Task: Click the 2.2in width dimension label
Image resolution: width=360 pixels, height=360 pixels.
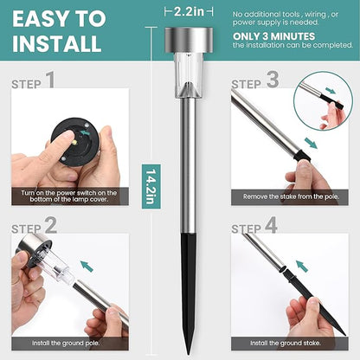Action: pyautogui.click(x=189, y=12)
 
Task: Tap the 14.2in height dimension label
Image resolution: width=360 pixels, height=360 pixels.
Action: pyautogui.click(x=151, y=186)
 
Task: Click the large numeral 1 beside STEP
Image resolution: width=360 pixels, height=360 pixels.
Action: pyautogui.click(x=50, y=80)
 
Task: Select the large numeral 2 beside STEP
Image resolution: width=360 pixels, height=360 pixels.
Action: pyautogui.click(x=51, y=225)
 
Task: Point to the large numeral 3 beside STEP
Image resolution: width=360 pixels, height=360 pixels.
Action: pyautogui.click(x=273, y=80)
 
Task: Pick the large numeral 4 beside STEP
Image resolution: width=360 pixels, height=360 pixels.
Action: pyautogui.click(x=271, y=225)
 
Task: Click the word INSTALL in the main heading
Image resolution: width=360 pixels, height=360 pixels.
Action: pyautogui.click(x=57, y=44)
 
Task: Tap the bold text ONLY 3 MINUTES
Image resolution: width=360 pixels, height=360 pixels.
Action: pyautogui.click(x=273, y=36)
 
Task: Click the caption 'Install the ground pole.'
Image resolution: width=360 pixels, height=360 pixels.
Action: pyautogui.click(x=66, y=344)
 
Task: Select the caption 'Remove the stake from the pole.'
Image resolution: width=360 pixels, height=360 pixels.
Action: pyautogui.click(x=291, y=196)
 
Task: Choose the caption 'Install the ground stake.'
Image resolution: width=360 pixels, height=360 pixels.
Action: pyautogui.click(x=286, y=344)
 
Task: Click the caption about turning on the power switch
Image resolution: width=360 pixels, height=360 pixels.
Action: pyautogui.click(x=69, y=196)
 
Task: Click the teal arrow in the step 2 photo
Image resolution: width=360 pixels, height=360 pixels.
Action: pyautogui.click(x=87, y=266)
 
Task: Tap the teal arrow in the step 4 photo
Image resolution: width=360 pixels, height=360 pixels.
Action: pyautogui.click(x=302, y=266)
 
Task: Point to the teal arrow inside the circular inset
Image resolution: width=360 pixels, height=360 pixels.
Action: pyautogui.click(x=330, y=90)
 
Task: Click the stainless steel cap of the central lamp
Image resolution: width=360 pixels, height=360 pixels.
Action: pyautogui.click(x=189, y=41)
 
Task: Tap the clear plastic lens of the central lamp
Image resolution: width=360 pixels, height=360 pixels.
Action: pyautogui.click(x=189, y=75)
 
